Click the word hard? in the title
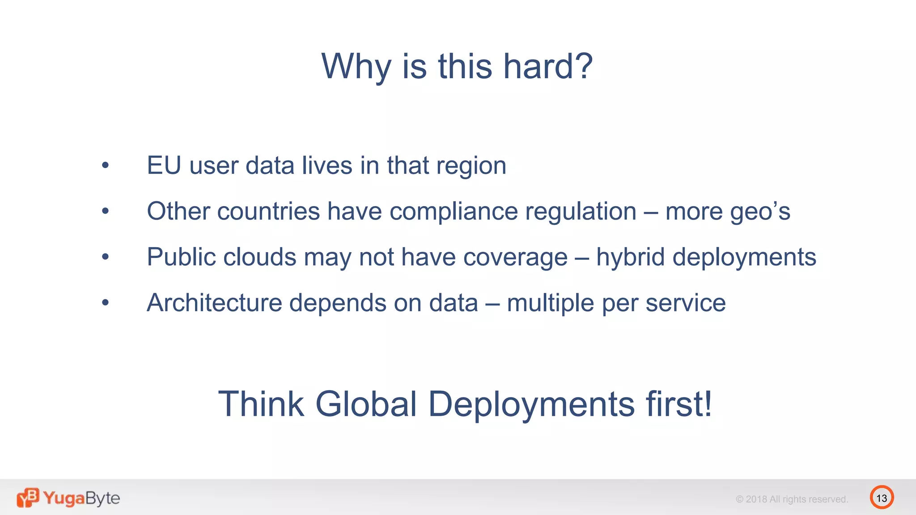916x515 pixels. click(x=548, y=66)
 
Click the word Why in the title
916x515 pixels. click(x=356, y=66)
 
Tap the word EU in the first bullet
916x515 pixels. click(x=164, y=165)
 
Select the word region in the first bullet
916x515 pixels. click(x=471, y=166)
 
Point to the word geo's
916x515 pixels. click(x=760, y=211)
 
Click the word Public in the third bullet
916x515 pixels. click(x=181, y=257)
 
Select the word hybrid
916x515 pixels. click(x=630, y=257)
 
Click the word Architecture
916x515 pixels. click(x=214, y=303)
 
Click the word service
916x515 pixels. click(x=685, y=303)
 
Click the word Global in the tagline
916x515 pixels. click(x=366, y=404)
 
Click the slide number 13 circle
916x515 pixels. click(x=882, y=498)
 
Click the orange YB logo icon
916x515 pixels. click(x=28, y=498)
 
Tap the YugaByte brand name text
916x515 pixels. click(x=81, y=498)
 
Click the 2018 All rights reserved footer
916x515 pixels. click(x=792, y=499)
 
